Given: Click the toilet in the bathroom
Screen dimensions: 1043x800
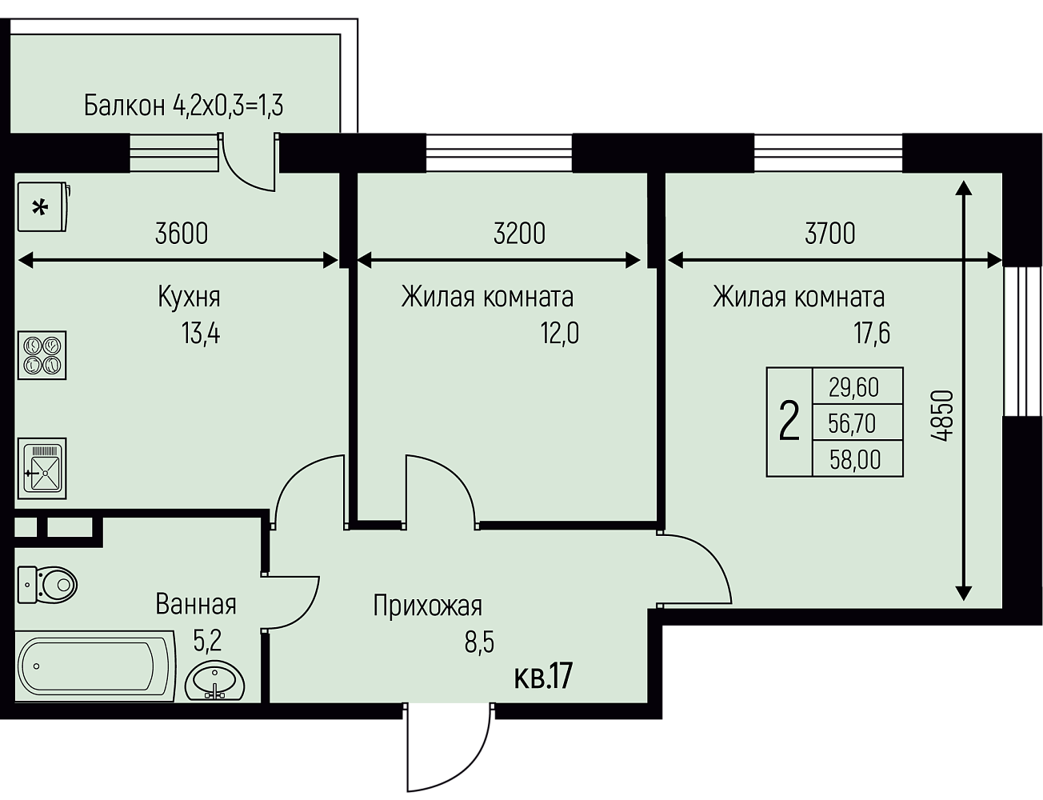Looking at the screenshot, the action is click(47, 585).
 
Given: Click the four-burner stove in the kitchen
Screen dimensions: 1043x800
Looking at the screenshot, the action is click(42, 355).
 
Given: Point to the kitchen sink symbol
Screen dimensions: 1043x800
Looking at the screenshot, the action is click(42, 468).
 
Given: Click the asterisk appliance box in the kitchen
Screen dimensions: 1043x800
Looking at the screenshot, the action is click(43, 207).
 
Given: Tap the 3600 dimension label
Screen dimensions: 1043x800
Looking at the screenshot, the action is click(182, 234).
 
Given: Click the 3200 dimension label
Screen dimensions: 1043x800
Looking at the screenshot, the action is click(519, 234).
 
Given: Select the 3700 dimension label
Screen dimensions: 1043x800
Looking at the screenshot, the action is click(830, 234).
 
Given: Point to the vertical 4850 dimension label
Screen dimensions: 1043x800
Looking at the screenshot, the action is click(941, 415).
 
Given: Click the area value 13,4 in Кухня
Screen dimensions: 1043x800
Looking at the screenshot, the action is click(201, 333).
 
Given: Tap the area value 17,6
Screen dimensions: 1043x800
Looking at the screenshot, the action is click(871, 333).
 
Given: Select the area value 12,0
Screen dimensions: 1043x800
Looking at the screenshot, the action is click(560, 333).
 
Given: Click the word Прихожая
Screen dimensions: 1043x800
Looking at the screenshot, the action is click(428, 606).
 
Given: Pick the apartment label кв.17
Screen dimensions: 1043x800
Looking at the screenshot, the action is click(543, 677).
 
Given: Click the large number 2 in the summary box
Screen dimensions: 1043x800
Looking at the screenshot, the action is click(789, 422).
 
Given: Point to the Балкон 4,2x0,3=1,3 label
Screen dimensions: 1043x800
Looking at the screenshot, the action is click(184, 106).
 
